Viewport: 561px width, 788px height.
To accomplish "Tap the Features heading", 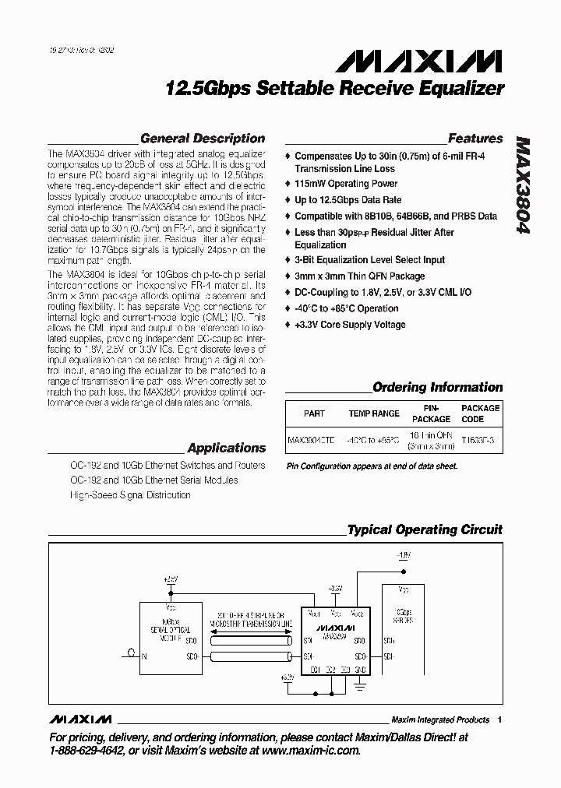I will [x=475, y=139].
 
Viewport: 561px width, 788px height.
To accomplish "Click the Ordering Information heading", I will [x=437, y=387].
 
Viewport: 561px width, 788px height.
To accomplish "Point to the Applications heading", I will [x=227, y=448].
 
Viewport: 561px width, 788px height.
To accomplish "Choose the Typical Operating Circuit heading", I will [x=425, y=529].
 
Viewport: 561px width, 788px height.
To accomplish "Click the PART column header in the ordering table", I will [x=314, y=413].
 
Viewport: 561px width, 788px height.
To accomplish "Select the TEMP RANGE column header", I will [x=373, y=413].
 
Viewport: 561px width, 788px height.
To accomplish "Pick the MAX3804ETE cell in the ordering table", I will [x=311, y=440].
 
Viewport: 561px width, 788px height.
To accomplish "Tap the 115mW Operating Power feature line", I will [x=346, y=184].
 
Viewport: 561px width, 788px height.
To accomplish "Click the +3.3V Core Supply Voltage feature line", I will [x=358, y=324].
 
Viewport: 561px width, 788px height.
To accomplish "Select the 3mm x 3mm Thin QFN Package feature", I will [x=359, y=276].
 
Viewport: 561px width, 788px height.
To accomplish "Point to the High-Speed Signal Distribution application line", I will [x=130, y=494].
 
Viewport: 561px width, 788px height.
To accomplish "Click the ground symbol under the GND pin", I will [x=359, y=685].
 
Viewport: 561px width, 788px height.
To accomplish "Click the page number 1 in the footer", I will [x=499, y=719].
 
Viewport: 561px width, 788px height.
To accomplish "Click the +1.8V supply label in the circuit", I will [x=402, y=556].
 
